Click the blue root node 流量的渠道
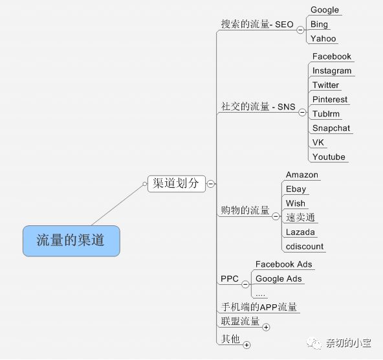pyautogui.click(x=71, y=241)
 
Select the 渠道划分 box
pyautogui.click(x=177, y=183)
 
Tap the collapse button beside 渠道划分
pyautogui.click(x=210, y=183)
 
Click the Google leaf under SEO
pyautogui.click(x=325, y=10)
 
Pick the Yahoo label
pyautogui.click(x=323, y=39)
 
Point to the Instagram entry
pyautogui.click(x=332, y=71)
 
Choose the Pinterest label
pyautogui.click(x=330, y=100)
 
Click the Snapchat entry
pyautogui.click(x=331, y=128)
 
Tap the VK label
pyautogui.click(x=318, y=142)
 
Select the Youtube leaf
pyautogui.click(x=329, y=157)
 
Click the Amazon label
pyautogui.click(x=302, y=175)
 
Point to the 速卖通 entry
pyautogui.click(x=300, y=218)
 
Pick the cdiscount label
pyautogui.click(x=305, y=246)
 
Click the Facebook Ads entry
pyautogui.click(x=283, y=264)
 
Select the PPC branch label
pyautogui.click(x=230, y=278)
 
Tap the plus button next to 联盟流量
pyautogui.click(x=266, y=327)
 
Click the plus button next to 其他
pyautogui.click(x=246, y=345)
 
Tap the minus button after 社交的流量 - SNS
pyautogui.click(x=302, y=112)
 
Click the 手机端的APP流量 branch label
pyautogui.click(x=259, y=307)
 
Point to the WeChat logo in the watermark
pyautogui.click(x=314, y=343)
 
